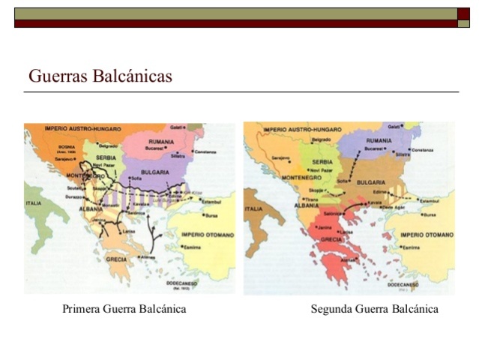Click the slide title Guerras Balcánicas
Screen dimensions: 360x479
(100, 76)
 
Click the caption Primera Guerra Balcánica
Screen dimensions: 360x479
(124, 309)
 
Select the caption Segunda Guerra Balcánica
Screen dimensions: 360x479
(374, 309)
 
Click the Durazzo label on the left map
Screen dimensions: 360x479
(73, 195)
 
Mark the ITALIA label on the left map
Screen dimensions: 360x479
(35, 203)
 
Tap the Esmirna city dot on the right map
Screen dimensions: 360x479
(400, 246)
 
